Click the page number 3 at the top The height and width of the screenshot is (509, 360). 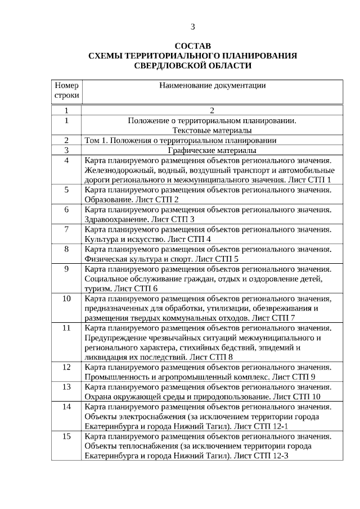pos(193,26)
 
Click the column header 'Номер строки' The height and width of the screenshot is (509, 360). pos(66,91)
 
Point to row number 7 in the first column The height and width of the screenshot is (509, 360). pos(66,229)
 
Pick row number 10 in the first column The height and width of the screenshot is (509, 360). pos(66,299)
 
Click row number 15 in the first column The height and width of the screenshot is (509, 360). pos(66,437)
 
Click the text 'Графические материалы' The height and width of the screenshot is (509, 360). pos(212,150)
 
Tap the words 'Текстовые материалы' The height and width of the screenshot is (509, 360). pos(212,130)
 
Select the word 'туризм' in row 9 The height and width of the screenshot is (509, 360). pos(97,289)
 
